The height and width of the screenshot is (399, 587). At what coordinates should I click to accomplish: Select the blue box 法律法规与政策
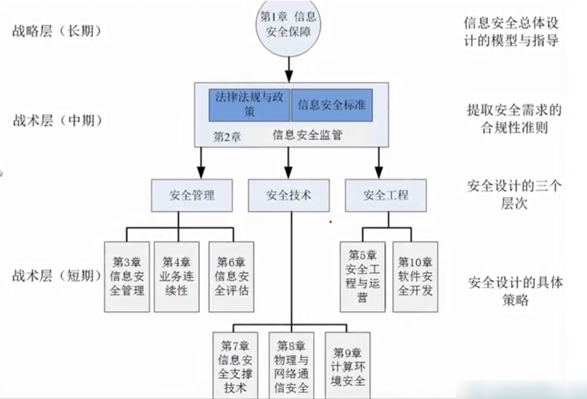(249, 104)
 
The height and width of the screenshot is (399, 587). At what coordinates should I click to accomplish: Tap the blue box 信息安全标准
(332, 104)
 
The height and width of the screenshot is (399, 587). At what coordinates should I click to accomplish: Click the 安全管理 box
(191, 195)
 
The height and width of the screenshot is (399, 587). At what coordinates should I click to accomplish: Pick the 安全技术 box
(289, 195)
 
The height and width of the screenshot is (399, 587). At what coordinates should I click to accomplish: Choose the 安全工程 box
(385, 195)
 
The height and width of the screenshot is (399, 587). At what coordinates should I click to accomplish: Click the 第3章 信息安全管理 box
(127, 276)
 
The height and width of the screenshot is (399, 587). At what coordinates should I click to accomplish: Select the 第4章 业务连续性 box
(177, 276)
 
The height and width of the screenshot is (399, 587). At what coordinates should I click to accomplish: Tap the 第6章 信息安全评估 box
(231, 276)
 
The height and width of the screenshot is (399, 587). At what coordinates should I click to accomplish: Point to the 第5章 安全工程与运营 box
(362, 276)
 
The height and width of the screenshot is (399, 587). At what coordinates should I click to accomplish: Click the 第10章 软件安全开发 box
(415, 276)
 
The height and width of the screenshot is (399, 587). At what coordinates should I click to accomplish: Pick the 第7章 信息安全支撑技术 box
(235, 365)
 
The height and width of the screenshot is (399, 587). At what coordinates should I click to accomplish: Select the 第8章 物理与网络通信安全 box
(291, 365)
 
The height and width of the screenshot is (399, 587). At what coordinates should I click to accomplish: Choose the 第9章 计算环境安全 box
(347, 365)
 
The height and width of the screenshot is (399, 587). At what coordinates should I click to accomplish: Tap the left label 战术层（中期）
(58, 120)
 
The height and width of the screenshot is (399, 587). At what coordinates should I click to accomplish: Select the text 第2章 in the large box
(227, 137)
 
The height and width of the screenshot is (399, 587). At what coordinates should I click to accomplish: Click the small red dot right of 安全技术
(331, 222)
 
